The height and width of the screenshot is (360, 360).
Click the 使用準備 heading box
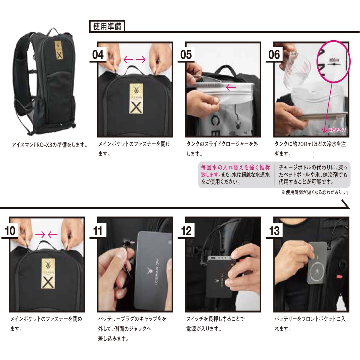107,26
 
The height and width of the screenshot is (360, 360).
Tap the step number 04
98,55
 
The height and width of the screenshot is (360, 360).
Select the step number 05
186,55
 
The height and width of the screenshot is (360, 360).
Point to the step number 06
274,55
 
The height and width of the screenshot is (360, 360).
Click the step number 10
10,231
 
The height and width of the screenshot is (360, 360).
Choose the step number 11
98,231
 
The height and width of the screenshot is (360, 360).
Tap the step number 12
186,231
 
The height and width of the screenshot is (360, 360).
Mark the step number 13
274,231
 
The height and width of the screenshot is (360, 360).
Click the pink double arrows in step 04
135,60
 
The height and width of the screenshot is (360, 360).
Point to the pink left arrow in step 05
231,87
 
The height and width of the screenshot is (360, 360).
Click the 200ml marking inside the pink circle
334,60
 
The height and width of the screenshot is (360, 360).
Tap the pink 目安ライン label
337,130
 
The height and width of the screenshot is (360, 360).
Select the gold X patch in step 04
136,98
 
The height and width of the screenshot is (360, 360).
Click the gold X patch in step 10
48,274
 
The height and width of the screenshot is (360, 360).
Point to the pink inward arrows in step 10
46,234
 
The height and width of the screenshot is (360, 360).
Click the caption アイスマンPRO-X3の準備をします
50,145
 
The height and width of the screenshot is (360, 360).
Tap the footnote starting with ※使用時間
316,192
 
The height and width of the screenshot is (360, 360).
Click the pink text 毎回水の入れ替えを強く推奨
235,167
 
